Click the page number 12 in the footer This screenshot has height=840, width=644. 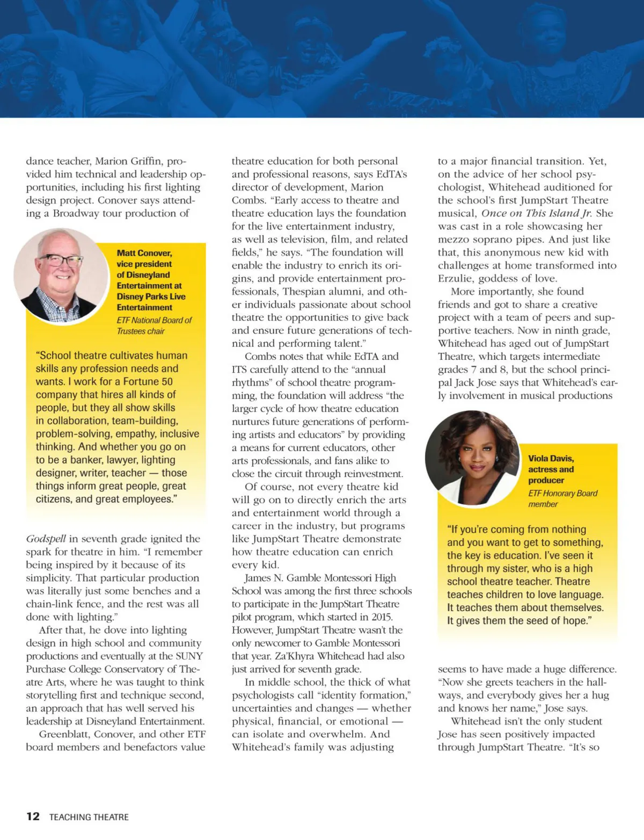click(x=33, y=816)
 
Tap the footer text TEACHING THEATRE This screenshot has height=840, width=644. click(x=89, y=817)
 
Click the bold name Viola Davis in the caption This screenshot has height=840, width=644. click(x=551, y=458)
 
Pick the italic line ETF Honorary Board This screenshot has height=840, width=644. click(x=562, y=493)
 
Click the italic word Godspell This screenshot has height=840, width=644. click(x=46, y=539)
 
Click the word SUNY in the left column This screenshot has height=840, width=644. click(x=189, y=656)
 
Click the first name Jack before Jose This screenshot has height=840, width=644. click(x=464, y=383)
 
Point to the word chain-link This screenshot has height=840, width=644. click(x=51, y=604)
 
